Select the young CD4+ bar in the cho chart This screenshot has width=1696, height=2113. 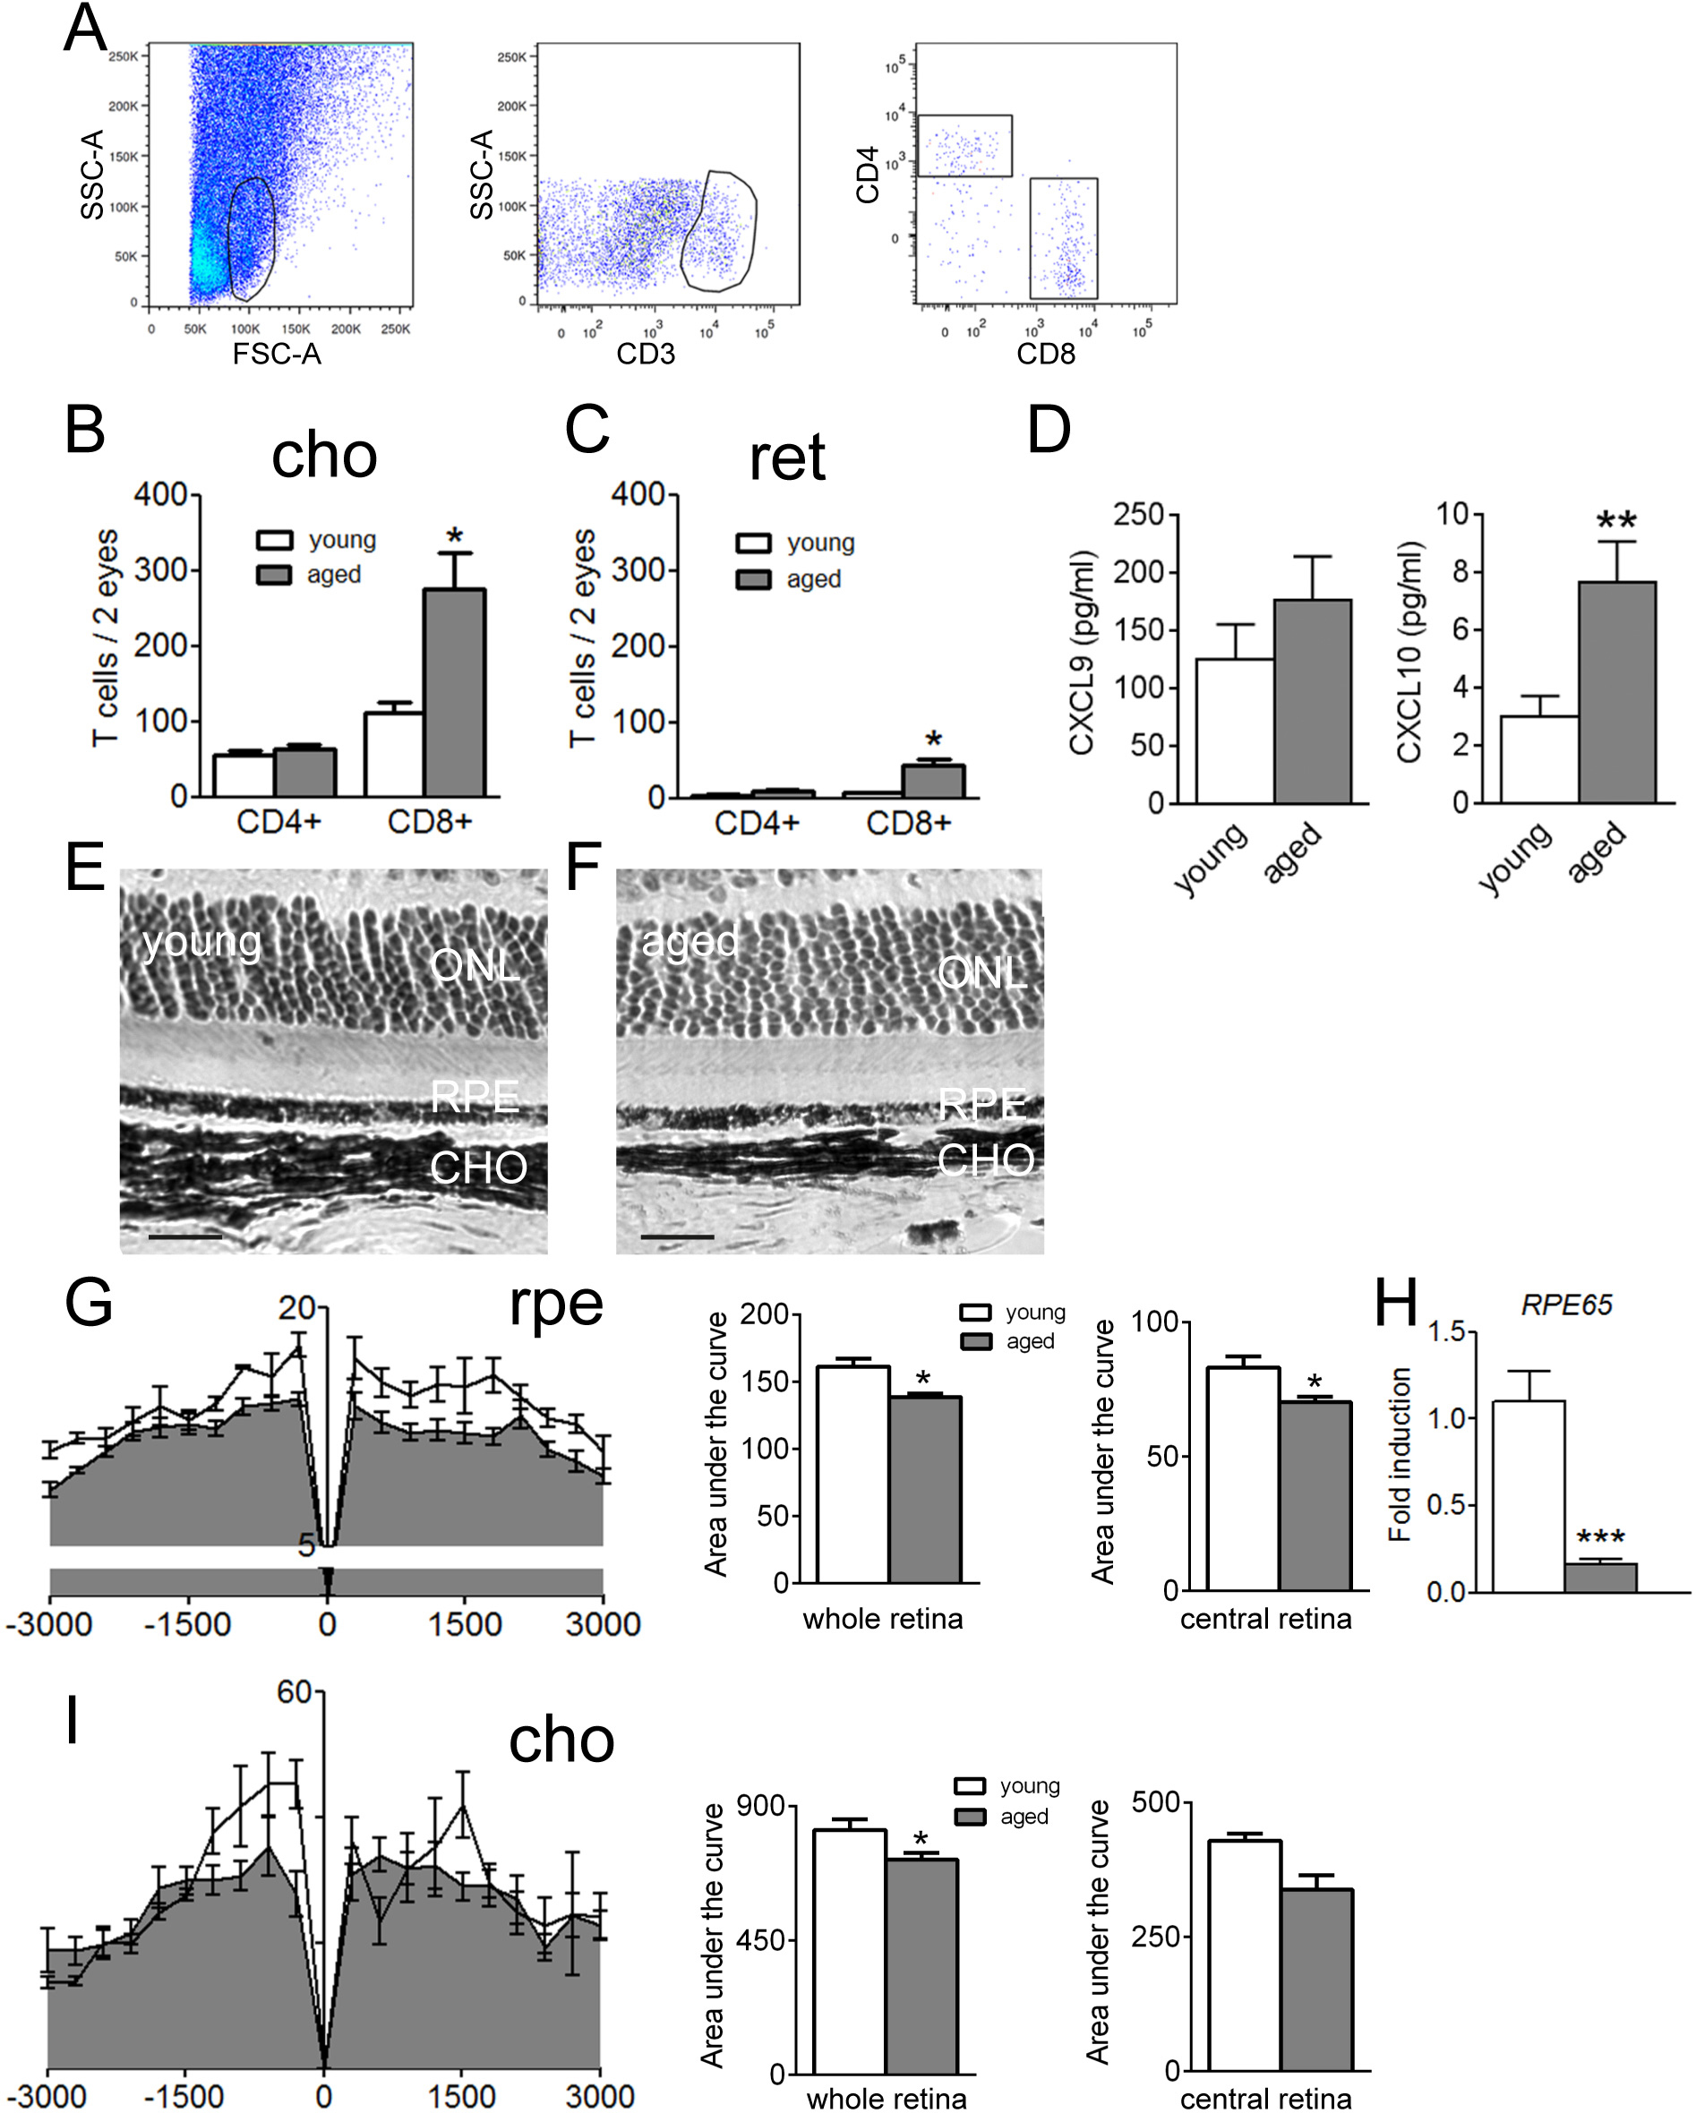point(244,774)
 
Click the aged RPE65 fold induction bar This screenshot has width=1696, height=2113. point(1600,1577)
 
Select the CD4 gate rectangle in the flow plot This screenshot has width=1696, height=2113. point(964,145)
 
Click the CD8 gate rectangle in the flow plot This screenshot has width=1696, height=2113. point(1064,238)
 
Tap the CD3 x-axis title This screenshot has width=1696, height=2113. point(645,354)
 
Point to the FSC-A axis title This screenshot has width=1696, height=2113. point(277,354)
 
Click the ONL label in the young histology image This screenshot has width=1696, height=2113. point(475,966)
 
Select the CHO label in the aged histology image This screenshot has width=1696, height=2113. point(985,1160)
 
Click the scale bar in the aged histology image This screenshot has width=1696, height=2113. point(678,1236)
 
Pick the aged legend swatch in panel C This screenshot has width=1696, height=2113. point(753,579)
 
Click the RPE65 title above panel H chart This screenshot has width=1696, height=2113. point(1566,1305)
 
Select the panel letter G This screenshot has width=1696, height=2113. point(89,1304)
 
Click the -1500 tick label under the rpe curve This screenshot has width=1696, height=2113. point(186,1625)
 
